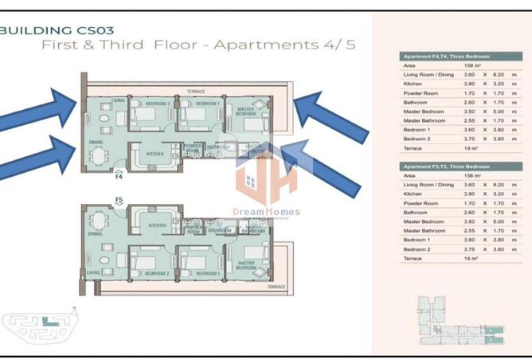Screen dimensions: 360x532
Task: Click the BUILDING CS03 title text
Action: [58, 29]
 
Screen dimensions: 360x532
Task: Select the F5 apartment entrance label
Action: [119, 200]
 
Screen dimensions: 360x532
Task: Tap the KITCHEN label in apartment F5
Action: [156, 226]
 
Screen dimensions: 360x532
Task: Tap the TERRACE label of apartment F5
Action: [276, 286]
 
